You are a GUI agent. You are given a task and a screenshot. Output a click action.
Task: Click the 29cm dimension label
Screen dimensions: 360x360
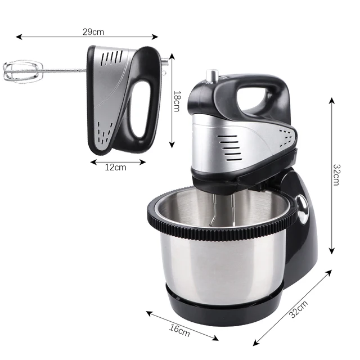coord(93,31)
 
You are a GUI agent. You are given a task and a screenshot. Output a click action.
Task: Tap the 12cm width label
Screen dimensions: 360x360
coord(116,167)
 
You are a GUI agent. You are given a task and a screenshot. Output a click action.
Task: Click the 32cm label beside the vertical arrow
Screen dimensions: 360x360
coord(336,175)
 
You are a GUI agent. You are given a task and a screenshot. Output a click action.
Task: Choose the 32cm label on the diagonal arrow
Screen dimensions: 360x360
coord(299,310)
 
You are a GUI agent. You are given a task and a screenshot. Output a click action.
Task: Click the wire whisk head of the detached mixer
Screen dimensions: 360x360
coord(24,71)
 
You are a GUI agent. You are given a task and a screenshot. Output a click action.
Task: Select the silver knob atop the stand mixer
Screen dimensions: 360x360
coord(213,76)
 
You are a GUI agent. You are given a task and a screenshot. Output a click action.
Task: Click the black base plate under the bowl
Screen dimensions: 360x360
coord(225,307)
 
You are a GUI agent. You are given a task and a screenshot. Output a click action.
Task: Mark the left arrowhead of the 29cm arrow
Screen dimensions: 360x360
coord(19,37)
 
